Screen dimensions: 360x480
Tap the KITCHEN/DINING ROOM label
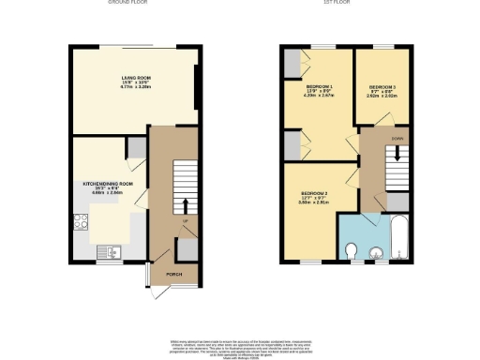click(108, 184)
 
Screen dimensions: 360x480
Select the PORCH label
click(173, 275)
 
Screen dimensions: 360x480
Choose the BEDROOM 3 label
click(382, 85)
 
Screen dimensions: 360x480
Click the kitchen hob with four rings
click(82, 223)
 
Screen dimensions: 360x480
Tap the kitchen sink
click(109, 250)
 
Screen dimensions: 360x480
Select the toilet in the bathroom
click(351, 249)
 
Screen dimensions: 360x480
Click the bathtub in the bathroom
click(397, 238)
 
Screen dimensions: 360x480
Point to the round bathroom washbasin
click(377, 250)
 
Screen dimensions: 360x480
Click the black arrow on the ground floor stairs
click(186, 205)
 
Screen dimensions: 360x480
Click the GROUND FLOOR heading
click(130, 3)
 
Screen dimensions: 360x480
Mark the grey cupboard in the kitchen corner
click(137, 147)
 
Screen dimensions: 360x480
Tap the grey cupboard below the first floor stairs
click(397, 202)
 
